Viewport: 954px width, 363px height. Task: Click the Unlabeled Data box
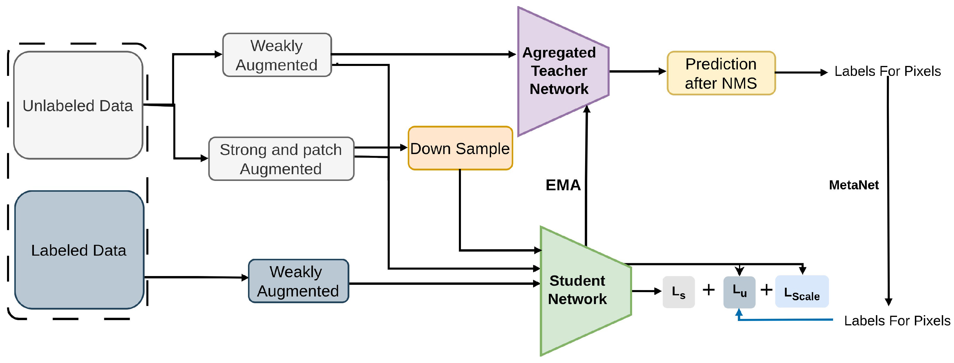(78, 105)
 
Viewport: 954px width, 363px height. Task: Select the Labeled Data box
(79, 250)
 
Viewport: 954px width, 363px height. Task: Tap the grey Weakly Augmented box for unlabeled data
(277, 55)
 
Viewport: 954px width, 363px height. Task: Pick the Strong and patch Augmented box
(281, 159)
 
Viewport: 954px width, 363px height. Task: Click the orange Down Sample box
(460, 149)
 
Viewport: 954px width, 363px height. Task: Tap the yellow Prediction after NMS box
(721, 73)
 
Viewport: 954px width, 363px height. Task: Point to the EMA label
(563, 185)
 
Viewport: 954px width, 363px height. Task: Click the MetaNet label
(854, 185)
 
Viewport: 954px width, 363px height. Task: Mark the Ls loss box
(679, 292)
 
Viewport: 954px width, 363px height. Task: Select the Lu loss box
(739, 292)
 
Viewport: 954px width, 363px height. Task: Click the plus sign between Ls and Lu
(708, 290)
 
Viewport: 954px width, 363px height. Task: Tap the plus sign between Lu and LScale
(766, 290)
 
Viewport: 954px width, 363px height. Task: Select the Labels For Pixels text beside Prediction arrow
(887, 71)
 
